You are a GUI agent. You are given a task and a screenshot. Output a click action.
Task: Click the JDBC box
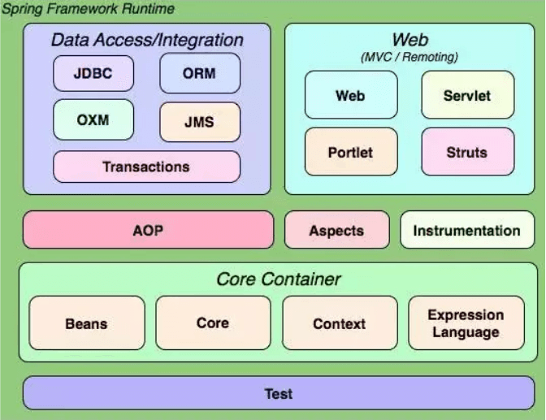(x=93, y=73)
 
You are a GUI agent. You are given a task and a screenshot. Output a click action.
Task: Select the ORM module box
(x=200, y=73)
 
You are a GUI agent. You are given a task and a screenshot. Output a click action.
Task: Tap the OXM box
(x=93, y=120)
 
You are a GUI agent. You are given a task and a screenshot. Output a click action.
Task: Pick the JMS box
(x=200, y=123)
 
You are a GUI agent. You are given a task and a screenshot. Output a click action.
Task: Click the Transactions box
(x=146, y=167)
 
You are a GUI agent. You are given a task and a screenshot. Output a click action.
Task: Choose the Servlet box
(x=467, y=95)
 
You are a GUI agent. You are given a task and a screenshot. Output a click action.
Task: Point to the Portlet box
(x=350, y=152)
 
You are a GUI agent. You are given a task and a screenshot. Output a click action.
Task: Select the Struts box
(x=467, y=152)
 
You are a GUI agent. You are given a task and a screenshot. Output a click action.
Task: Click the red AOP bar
(x=148, y=230)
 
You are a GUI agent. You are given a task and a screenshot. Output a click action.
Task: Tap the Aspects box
(x=336, y=230)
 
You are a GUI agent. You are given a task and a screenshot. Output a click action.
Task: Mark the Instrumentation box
(x=466, y=230)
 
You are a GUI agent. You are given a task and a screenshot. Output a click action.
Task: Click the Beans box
(x=87, y=323)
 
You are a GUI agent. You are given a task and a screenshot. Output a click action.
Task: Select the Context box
(x=340, y=323)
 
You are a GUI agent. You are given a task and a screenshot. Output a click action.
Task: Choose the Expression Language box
(x=466, y=323)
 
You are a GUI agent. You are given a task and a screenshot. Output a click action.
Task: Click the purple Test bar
(x=279, y=394)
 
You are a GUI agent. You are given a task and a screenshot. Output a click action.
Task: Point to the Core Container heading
(x=279, y=279)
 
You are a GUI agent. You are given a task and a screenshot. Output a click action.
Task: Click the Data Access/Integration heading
(x=147, y=39)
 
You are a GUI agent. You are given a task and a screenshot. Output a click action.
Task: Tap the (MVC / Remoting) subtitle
(x=409, y=57)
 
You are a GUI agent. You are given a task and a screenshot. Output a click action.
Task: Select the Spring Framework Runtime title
(x=87, y=8)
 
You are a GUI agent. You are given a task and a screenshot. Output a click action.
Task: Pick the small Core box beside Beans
(x=213, y=323)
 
